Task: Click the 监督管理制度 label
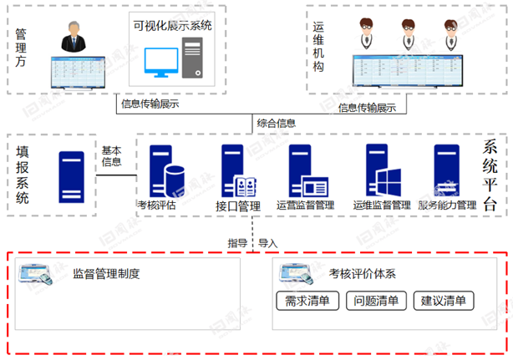(x=105, y=273)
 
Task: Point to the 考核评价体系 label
(x=362, y=273)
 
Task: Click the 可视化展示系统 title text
(x=173, y=26)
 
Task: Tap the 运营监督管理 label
(x=304, y=205)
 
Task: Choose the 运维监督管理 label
(x=381, y=205)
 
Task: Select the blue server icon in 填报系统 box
(x=69, y=176)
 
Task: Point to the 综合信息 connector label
(x=275, y=124)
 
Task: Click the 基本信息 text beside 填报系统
(x=112, y=156)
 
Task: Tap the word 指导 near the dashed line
(x=237, y=243)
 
